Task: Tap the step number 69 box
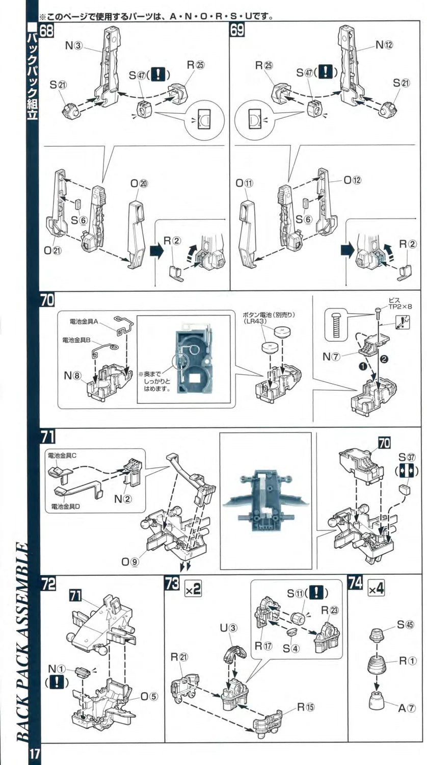[237, 30]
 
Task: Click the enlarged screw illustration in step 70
[336, 323]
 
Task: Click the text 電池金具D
[66, 507]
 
